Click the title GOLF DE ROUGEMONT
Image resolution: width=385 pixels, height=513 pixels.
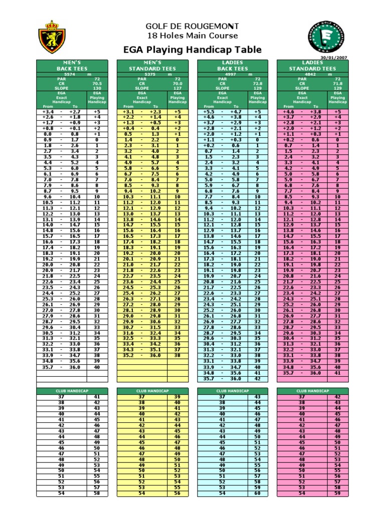click(192, 26)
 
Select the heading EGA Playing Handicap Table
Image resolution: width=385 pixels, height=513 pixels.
click(192, 49)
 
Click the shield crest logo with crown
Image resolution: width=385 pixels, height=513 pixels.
click(52, 38)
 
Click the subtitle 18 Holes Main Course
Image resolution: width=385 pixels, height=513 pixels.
click(192, 36)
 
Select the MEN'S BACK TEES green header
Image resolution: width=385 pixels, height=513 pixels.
click(72, 66)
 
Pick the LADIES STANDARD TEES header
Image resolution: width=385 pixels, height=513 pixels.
click(312, 66)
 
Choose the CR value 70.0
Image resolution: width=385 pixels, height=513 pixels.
click(177, 83)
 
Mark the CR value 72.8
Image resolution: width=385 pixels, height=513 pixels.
click(257, 83)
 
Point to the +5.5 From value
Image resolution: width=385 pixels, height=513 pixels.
click(209, 112)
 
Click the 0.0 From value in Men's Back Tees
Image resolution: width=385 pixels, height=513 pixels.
click(48, 134)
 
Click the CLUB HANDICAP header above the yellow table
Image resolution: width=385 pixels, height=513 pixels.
click(152, 390)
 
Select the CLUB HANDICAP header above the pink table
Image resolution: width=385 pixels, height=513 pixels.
click(312, 390)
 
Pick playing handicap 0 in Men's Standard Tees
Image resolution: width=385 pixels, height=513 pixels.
click(177, 140)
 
